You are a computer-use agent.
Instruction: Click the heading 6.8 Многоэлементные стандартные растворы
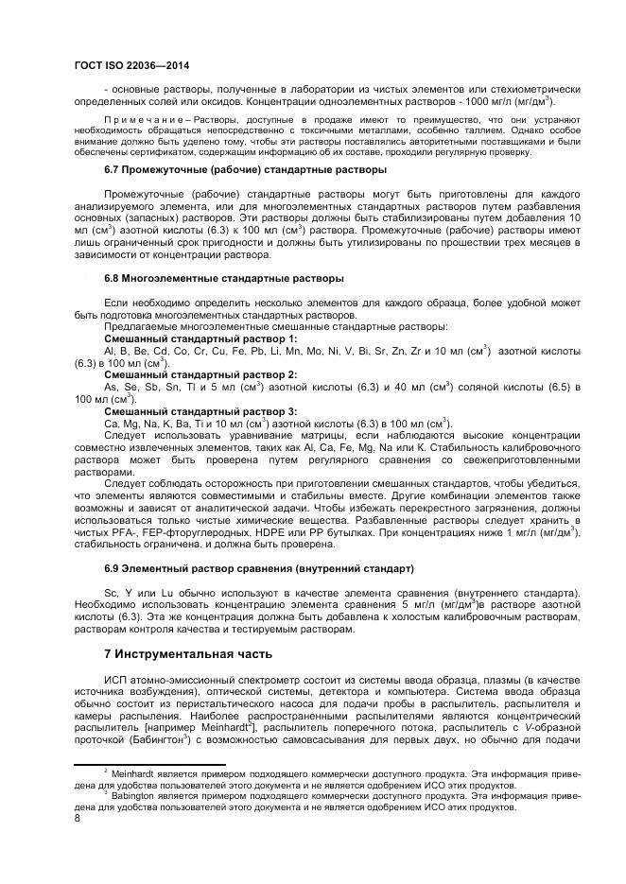click(223, 279)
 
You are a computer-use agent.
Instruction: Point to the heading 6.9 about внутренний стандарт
click(258, 569)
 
